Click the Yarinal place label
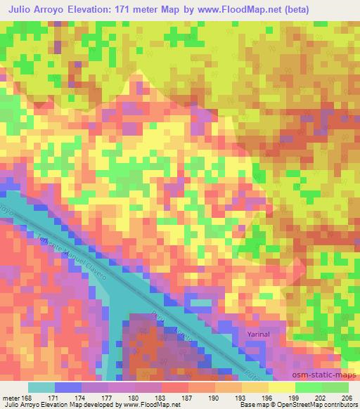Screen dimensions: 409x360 259,335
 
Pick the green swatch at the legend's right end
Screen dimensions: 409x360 335,387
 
